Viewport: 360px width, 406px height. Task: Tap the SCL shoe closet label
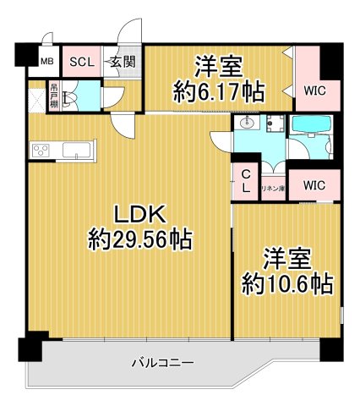(82, 62)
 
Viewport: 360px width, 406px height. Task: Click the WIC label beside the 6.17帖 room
(316, 89)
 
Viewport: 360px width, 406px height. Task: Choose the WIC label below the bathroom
(314, 184)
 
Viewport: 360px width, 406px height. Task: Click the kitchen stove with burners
(42, 151)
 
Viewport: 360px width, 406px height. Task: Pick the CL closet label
(246, 181)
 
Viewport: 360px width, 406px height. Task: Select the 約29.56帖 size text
(140, 240)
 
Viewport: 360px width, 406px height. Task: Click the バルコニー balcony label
(162, 363)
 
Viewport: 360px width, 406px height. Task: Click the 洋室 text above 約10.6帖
(286, 256)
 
